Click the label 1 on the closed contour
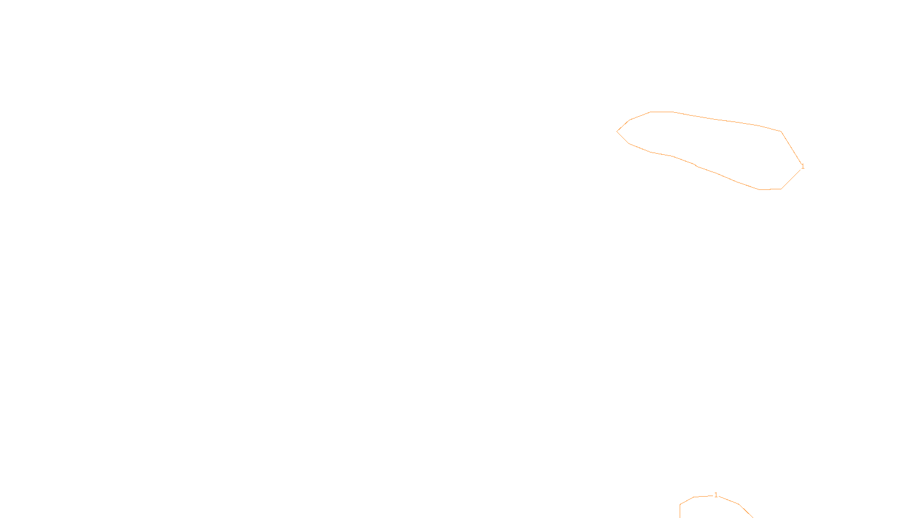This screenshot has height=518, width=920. pyautogui.click(x=803, y=167)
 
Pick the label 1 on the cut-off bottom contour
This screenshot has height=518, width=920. pyautogui.click(x=715, y=495)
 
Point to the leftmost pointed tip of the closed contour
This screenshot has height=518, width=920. pyautogui.click(x=618, y=131)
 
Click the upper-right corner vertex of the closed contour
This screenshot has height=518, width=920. pyautogui.click(x=781, y=132)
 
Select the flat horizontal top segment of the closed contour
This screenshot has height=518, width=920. pyautogui.click(x=662, y=112)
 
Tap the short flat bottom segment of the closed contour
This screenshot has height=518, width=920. pyautogui.click(x=770, y=189)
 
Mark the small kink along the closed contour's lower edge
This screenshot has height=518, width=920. pyautogui.click(x=696, y=166)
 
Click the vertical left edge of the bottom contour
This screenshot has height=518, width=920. pyautogui.click(x=680, y=511)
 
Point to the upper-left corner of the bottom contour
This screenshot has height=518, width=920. pyautogui.click(x=681, y=505)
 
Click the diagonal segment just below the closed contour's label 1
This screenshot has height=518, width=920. pyautogui.click(x=791, y=180)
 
